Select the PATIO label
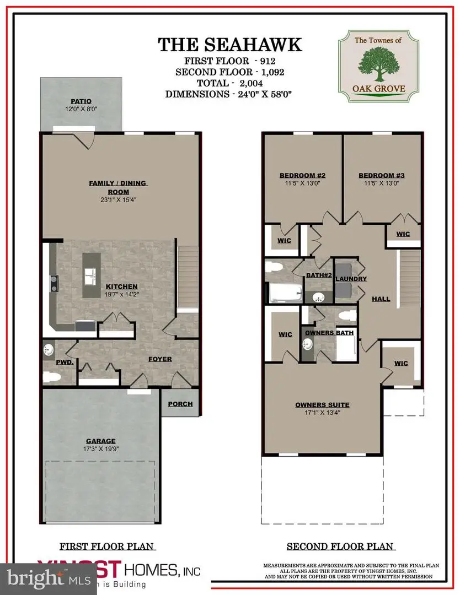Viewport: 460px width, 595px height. (x=81, y=101)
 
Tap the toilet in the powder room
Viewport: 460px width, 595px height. (x=51, y=377)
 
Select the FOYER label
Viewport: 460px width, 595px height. (x=160, y=359)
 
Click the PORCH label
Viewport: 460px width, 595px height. (x=180, y=404)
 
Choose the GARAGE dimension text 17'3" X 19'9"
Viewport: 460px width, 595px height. (x=100, y=449)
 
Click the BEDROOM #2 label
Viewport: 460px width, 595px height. (x=302, y=176)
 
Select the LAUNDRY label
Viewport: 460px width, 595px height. (x=351, y=279)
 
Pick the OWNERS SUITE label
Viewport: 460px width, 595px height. (x=323, y=405)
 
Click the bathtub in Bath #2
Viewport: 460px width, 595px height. (x=285, y=291)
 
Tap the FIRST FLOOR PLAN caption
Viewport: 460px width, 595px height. (x=107, y=547)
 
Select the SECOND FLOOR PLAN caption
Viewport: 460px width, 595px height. (x=340, y=547)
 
